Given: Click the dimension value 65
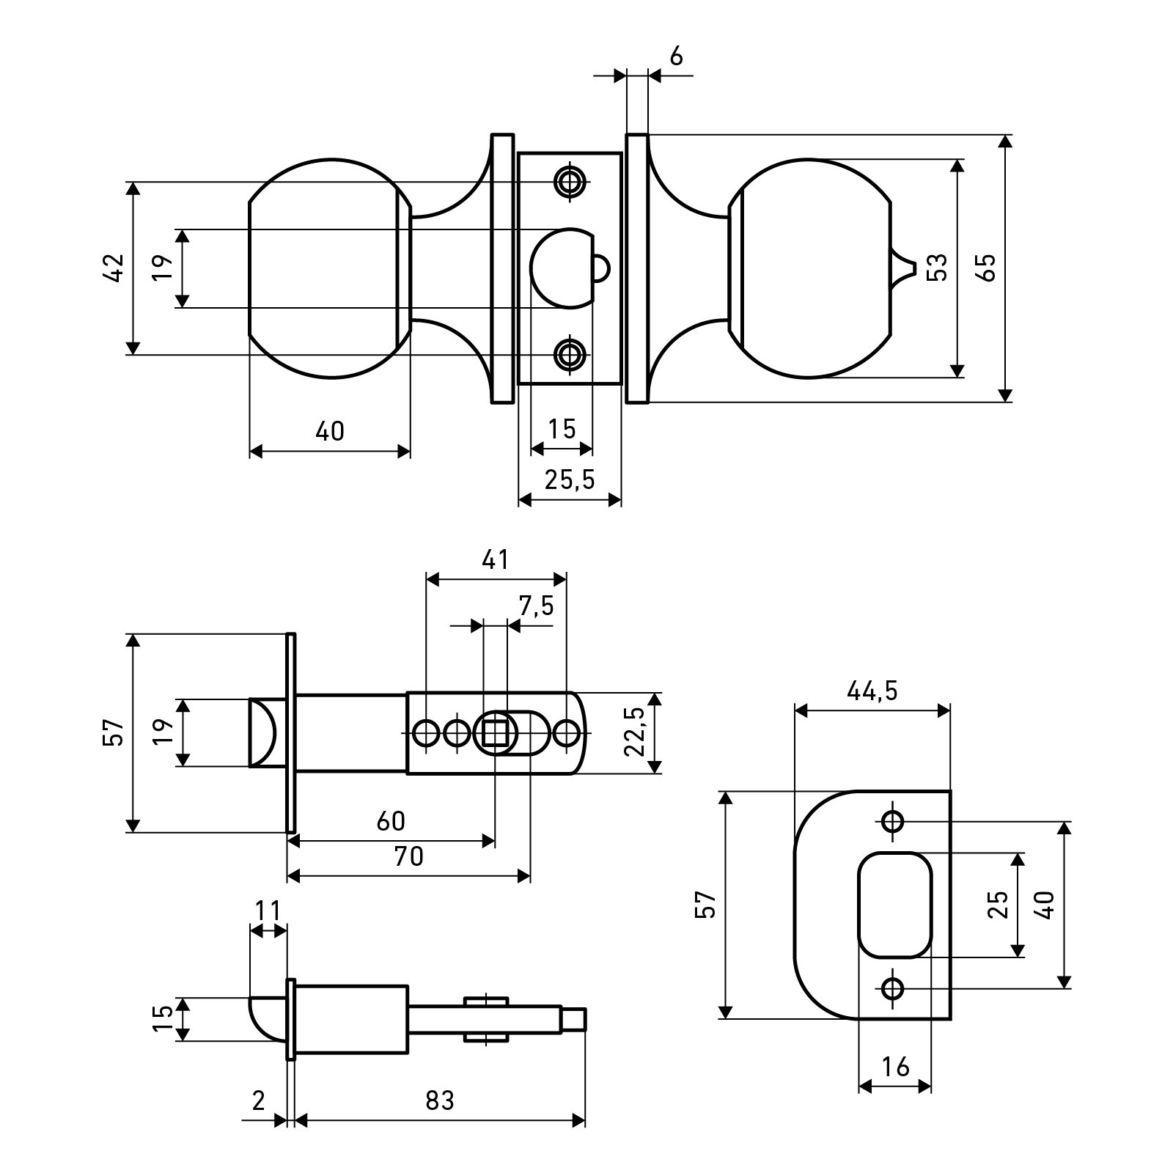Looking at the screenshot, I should pos(987,268).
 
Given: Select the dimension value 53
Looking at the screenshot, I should pos(938,268).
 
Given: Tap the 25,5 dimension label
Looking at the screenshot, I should pos(570,480).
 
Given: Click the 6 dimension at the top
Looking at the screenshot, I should pos(676,56).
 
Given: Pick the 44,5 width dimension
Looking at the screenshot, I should pos(872,691).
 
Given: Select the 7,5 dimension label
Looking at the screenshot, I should pos(536,606).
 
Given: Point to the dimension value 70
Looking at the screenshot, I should pos(408,856).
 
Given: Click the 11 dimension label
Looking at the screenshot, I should pos(268,911).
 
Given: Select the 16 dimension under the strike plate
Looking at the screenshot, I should pos(894,1067).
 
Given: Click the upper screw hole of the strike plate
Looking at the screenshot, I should pos(892,821).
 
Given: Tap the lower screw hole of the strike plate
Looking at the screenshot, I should pos(892,988).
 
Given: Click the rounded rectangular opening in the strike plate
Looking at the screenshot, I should pos(895,905).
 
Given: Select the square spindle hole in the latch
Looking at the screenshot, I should pos(496,732).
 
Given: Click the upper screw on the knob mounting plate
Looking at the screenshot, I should pos(568,180).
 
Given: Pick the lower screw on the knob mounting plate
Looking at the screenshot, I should pos(568,355).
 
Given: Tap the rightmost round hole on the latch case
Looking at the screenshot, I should pos(566,732).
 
